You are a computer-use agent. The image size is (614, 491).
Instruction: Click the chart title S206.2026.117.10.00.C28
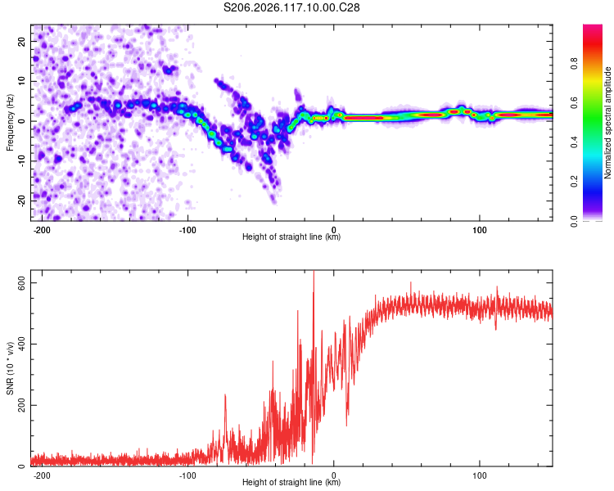pyautogui.click(x=291, y=7)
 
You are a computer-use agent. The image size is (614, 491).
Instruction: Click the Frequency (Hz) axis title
pyautogui.click(x=10, y=123)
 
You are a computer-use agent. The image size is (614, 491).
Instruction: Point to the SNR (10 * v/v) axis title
pyautogui.click(x=10, y=368)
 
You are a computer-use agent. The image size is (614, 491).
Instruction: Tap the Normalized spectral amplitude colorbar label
pyautogui.click(x=607, y=123)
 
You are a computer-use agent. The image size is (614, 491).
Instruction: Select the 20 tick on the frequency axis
pyautogui.click(x=22, y=42)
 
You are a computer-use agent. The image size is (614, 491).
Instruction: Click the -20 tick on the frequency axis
pyautogui.click(x=22, y=200)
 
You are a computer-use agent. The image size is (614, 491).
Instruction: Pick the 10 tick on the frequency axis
pyautogui.click(x=22, y=82)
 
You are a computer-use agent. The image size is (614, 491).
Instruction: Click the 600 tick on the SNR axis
pyautogui.click(x=22, y=282)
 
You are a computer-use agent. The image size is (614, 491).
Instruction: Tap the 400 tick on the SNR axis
pyautogui.click(x=22, y=344)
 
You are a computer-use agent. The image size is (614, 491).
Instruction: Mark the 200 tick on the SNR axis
pyautogui.click(x=22, y=405)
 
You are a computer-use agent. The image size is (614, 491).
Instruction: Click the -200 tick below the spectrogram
pyautogui.click(x=42, y=230)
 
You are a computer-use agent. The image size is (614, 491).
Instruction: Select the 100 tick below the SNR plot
pyautogui.click(x=479, y=475)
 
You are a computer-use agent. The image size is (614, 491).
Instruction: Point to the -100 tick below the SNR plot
pyautogui.click(x=187, y=475)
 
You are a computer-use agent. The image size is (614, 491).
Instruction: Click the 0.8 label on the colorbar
pyautogui.click(x=574, y=63)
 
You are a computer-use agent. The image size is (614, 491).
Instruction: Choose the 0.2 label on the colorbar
pyautogui.click(x=574, y=182)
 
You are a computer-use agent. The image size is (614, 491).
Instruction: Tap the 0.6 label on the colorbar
pyautogui.click(x=574, y=102)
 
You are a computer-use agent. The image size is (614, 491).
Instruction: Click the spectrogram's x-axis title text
pyautogui.click(x=291, y=236)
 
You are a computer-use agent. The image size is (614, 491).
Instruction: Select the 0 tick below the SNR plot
pyautogui.click(x=334, y=475)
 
